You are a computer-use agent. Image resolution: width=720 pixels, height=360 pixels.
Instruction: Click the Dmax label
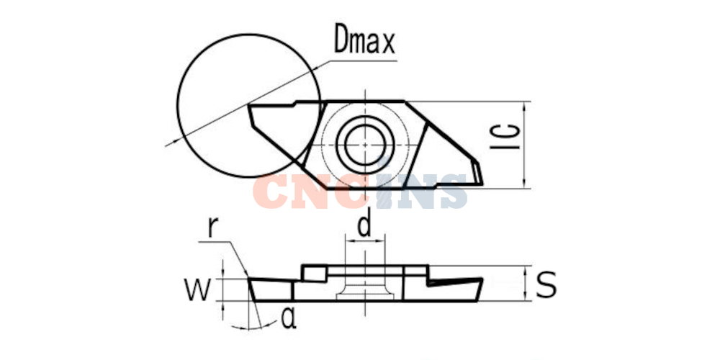[364, 38]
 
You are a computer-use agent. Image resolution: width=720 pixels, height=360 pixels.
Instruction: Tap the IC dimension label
[505, 136]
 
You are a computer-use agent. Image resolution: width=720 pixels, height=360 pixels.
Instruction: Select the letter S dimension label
[546, 284]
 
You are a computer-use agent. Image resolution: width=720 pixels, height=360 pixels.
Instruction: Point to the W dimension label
[198, 289]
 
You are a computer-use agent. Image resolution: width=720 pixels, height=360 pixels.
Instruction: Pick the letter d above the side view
[364, 225]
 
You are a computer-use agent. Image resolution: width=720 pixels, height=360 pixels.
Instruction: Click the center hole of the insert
[364, 144]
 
